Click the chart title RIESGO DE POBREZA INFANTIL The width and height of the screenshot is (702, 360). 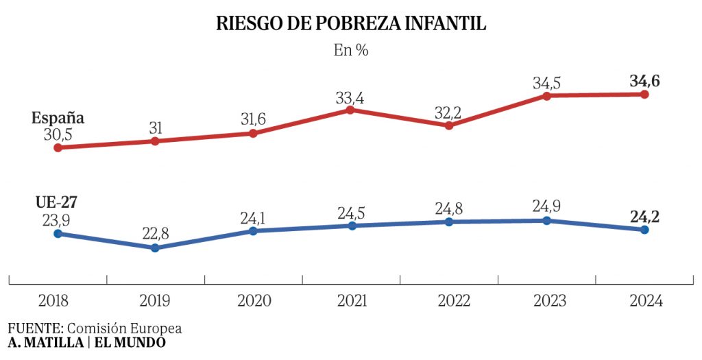point(351,23)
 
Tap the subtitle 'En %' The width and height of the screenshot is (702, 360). point(351,51)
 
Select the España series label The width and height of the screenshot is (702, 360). point(58,117)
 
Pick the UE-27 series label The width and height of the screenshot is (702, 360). point(57,203)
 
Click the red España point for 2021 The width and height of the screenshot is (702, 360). point(350,110)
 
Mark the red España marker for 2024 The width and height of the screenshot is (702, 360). point(644,94)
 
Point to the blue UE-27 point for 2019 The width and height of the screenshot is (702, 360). point(155,248)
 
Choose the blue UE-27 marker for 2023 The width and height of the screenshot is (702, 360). point(546,220)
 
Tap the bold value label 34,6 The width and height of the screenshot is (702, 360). point(644,82)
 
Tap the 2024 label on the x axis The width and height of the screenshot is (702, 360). point(645,301)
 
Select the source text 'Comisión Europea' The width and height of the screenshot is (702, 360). point(130,328)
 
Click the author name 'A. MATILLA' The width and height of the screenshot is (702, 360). point(45,342)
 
